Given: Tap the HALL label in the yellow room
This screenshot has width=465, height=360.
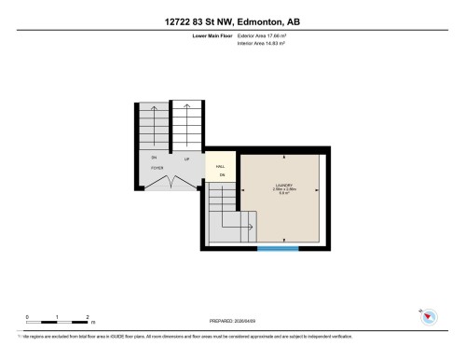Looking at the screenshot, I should coord(221,166).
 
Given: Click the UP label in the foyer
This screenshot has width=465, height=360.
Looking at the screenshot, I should coord(187,159).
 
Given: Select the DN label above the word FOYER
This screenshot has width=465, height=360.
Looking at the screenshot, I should coord(154,159).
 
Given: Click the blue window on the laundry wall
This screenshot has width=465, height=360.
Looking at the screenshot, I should coord(278,249).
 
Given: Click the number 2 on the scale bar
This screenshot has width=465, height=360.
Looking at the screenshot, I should coord(87,317).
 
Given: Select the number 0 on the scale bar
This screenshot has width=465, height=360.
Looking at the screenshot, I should coord(27,317).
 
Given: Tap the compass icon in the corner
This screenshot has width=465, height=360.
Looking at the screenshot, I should coord(428,318).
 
